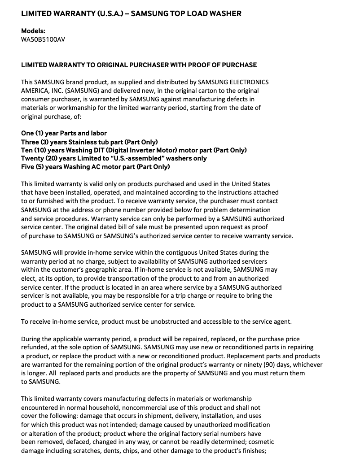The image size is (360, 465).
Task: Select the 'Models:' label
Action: (33, 31)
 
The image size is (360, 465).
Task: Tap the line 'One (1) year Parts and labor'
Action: (64, 134)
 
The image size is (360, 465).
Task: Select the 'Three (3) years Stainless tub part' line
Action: (89, 142)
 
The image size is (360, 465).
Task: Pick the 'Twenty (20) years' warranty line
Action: (114, 158)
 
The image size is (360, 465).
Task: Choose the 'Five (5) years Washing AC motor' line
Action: (95, 167)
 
